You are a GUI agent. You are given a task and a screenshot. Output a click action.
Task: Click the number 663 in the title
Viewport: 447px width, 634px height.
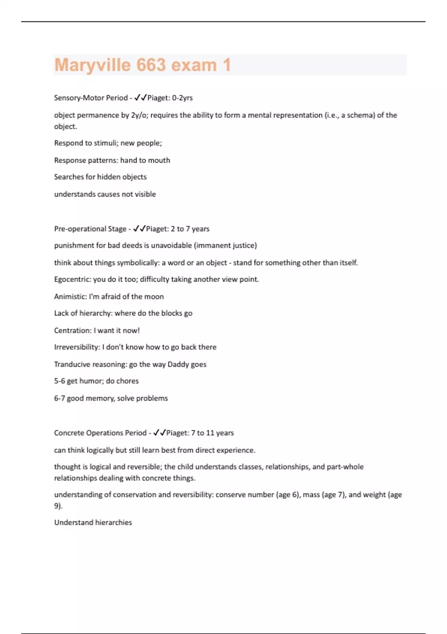[151, 65]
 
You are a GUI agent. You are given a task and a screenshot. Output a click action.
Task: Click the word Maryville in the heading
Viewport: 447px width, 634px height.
[92, 65]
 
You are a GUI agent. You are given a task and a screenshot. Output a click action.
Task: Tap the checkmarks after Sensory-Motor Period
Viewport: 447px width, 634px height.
[140, 98]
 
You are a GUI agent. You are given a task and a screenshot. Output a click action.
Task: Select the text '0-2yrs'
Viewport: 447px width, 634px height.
[182, 98]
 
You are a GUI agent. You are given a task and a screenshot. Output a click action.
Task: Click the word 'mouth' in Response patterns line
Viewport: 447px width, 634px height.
[159, 160]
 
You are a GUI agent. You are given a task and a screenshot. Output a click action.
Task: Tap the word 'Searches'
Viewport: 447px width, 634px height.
[69, 177]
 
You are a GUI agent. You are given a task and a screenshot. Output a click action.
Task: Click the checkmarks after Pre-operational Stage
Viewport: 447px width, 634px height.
[139, 229]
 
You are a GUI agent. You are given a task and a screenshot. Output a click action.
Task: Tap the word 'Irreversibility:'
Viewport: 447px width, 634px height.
[77, 347]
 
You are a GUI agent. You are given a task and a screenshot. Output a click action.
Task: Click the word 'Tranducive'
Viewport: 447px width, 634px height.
[72, 364]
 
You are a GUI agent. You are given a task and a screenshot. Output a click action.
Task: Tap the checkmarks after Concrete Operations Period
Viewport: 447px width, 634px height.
[159, 433]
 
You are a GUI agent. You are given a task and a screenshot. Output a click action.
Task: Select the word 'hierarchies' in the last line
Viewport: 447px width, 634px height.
[114, 522]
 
